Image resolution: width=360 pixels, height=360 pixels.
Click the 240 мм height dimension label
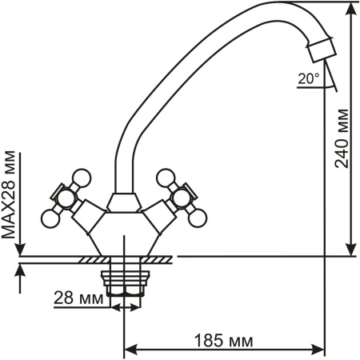342,138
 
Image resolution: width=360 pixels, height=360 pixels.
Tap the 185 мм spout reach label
223,341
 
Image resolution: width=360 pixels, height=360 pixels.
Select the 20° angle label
309,78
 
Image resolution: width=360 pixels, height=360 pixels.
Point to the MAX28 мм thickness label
9,194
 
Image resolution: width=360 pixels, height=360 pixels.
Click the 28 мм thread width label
78,298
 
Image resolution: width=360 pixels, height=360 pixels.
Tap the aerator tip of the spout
322,50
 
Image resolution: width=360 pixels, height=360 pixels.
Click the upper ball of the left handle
82,178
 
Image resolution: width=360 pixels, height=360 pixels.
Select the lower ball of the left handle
50,218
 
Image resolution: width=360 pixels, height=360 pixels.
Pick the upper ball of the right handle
166,178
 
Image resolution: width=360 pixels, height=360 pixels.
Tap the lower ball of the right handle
198,218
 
